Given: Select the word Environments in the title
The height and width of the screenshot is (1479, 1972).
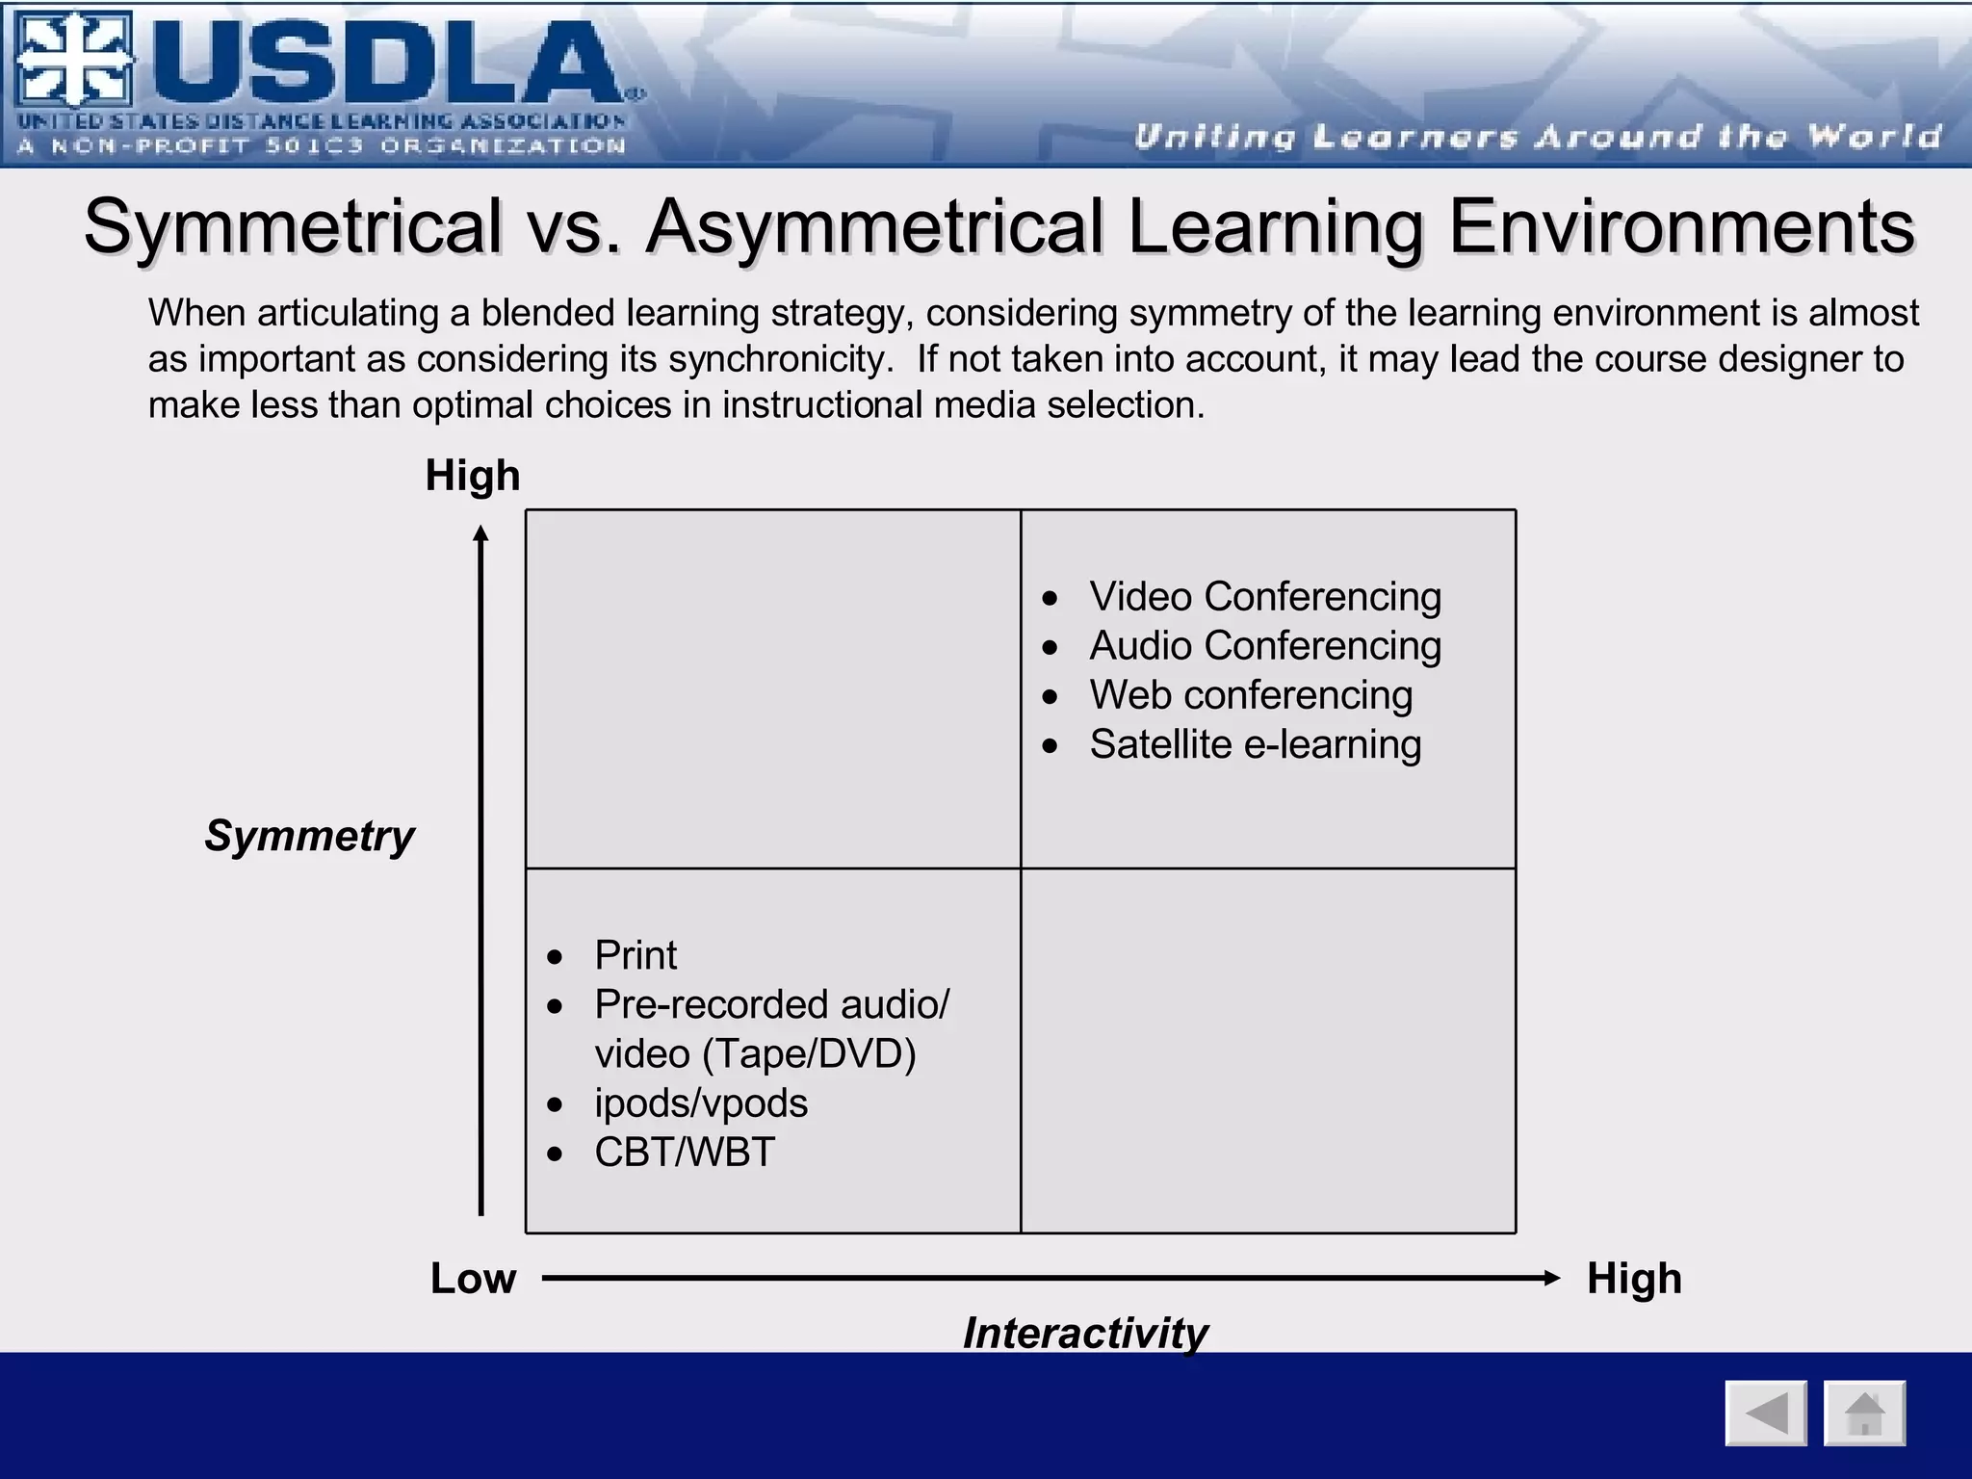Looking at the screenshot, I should (1681, 226).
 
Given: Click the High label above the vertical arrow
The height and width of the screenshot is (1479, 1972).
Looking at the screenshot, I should (473, 476).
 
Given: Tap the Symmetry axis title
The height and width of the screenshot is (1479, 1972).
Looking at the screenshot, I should (309, 836).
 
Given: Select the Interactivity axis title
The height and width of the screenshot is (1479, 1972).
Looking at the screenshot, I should (1085, 1334).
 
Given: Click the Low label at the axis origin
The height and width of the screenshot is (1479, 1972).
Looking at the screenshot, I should (473, 1279).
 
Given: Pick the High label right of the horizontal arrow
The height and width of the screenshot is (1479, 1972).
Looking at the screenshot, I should (1634, 1279).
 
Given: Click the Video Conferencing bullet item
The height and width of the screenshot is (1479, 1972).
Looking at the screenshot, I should (1264, 597).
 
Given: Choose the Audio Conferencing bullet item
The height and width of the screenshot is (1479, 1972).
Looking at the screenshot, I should (1264, 646).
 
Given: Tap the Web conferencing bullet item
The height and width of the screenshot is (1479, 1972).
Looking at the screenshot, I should (1250, 695).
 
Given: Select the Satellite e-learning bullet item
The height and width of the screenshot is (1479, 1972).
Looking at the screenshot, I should (1255, 744).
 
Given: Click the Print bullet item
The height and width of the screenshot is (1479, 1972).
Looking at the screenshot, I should (636, 955).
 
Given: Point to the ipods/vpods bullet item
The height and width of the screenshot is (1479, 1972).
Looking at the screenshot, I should (701, 1103).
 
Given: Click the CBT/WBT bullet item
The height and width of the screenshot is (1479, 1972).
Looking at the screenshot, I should (684, 1153).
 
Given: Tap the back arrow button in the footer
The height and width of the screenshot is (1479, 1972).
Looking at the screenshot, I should (1766, 1414).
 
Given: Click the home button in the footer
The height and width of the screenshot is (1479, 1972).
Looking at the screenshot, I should (1864, 1414).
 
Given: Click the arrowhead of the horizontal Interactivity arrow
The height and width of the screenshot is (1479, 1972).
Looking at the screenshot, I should (1551, 1279).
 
